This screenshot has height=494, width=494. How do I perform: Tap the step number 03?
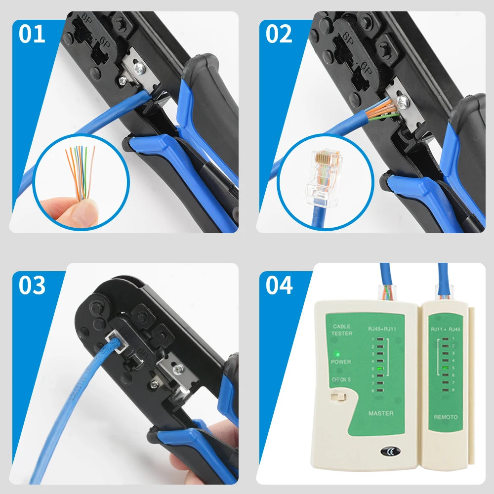(32, 286)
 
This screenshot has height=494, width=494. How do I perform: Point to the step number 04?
(279, 286)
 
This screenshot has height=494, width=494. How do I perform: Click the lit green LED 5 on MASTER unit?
(379, 368)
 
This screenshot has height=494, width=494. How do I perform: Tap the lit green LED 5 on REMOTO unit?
(446, 368)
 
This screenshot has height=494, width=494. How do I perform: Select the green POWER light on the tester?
(336, 354)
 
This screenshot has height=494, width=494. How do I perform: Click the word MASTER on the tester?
(381, 413)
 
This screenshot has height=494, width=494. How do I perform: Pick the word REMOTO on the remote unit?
(446, 417)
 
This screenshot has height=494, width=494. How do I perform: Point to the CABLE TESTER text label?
(341, 330)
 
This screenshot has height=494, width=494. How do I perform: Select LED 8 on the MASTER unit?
(379, 390)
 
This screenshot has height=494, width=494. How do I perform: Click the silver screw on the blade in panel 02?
(403, 103)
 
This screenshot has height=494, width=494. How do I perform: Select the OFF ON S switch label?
(341, 379)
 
